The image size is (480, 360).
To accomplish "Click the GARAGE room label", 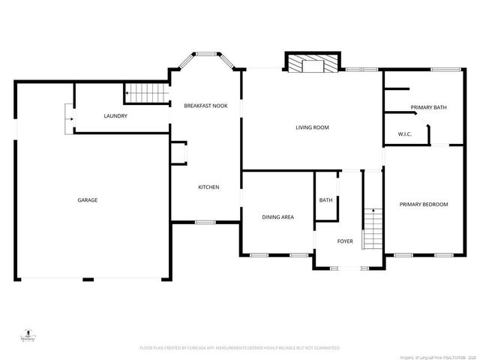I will click(x=88, y=199).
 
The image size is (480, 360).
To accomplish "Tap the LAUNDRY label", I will click(x=115, y=116).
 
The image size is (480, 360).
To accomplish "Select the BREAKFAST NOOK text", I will click(x=206, y=106).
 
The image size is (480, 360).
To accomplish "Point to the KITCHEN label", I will click(x=208, y=187).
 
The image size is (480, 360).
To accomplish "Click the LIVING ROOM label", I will click(x=311, y=127).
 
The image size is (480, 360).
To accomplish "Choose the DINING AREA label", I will click(x=277, y=217).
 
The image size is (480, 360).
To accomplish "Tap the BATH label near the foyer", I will click(x=325, y=200).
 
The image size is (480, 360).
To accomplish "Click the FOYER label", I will click(x=345, y=241).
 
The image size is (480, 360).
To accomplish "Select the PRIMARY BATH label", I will click(x=429, y=108).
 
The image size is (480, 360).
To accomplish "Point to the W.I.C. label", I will click(x=406, y=135).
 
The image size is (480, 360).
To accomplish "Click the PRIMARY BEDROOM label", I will click(x=424, y=205).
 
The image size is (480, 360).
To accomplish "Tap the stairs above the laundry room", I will click(x=145, y=94).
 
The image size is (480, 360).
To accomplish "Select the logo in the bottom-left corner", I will click(x=28, y=334).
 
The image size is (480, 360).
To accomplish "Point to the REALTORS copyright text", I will click(x=433, y=357).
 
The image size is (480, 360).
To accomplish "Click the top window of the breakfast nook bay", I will click(x=205, y=52).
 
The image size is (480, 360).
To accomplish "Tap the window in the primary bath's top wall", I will click(x=445, y=70).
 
